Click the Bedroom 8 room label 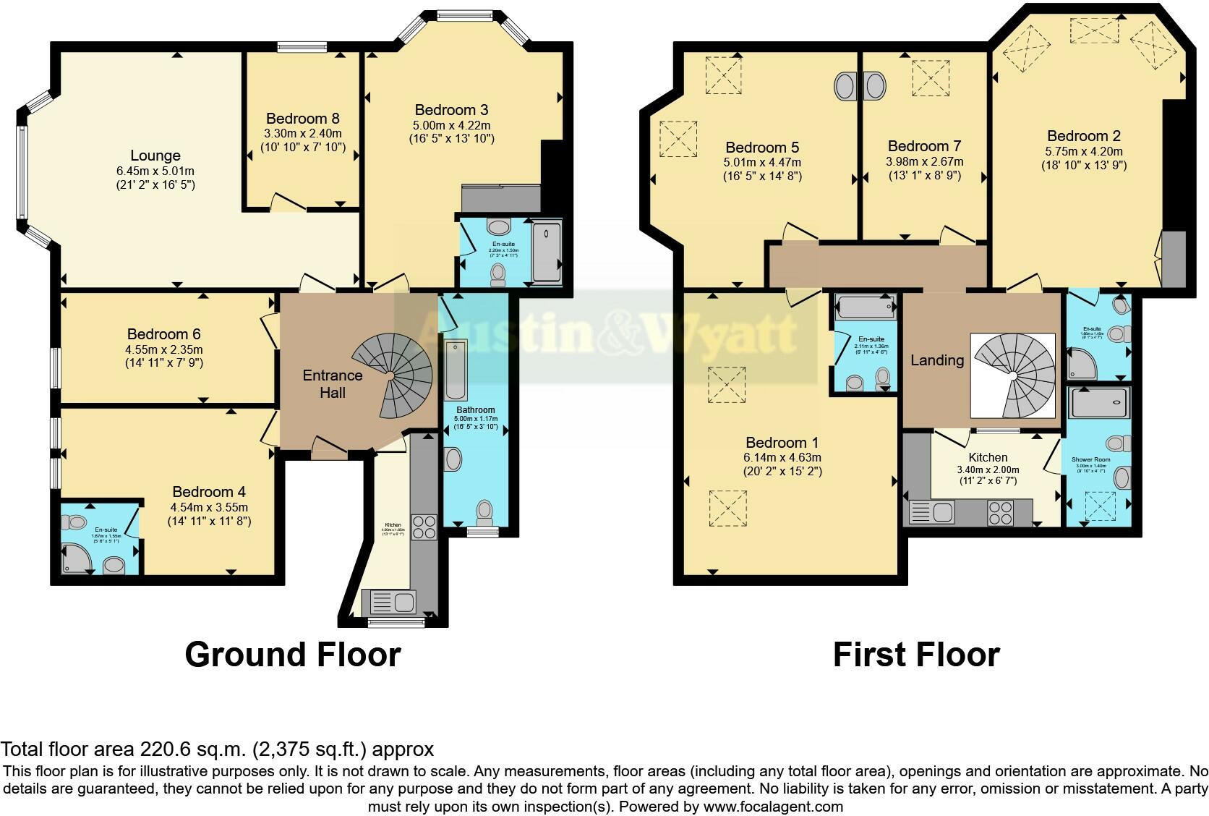302,119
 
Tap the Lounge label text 155,156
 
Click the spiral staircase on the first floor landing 1014,375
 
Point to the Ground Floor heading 292,654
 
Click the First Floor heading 916,654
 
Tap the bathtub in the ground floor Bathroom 456,370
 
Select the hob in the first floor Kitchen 1001,513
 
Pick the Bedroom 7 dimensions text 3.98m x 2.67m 924,161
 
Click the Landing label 937,360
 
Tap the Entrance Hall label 333,383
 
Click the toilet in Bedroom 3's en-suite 498,273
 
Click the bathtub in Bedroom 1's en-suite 865,307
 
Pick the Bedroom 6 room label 163,334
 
